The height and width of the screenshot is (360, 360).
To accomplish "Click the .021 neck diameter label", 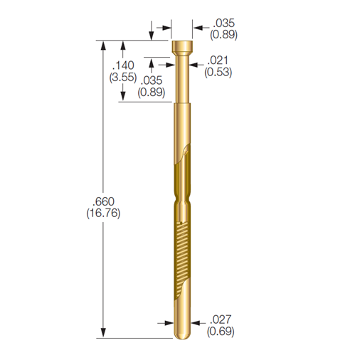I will pyautogui.click(x=218, y=60).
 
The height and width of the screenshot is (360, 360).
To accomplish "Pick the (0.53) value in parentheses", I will pyautogui.click(x=218, y=72).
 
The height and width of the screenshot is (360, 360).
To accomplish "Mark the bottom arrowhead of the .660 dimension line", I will pyautogui.click(x=105, y=334).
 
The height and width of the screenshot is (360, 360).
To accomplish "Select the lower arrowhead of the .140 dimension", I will pyautogui.click(x=125, y=97).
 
